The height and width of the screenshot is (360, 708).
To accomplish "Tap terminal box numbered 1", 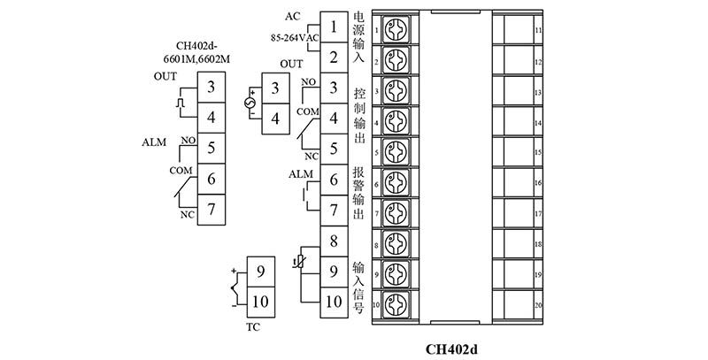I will tap(333, 27).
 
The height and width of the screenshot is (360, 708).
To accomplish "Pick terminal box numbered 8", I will tap(333, 241).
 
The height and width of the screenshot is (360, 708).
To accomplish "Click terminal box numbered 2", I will tap(333, 57).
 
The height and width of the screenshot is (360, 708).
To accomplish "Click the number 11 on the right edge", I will tap(538, 31).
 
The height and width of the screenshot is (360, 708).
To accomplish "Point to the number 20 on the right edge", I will tap(538, 306).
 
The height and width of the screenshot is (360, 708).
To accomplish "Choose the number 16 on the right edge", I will tap(538, 183).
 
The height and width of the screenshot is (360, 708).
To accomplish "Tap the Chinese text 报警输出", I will tap(358, 194).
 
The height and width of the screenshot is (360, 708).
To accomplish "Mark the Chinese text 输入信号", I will tap(358, 287).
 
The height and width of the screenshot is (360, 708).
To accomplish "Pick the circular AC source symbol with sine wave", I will tap(250, 103).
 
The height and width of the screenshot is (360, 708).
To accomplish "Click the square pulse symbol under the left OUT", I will tap(182, 103).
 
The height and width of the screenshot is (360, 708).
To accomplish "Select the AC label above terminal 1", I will tap(293, 16).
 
